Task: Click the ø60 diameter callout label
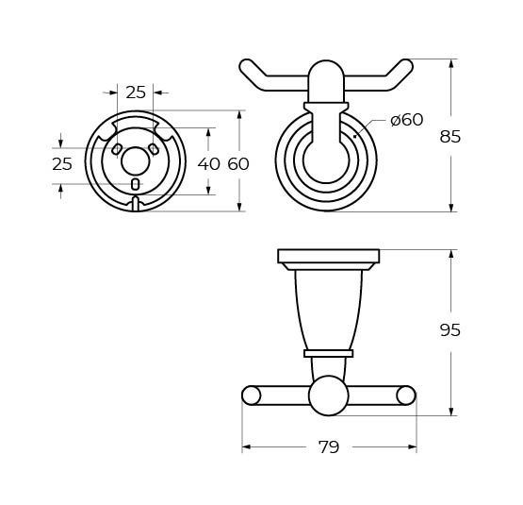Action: pyautogui.click(x=406, y=120)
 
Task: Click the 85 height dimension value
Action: pyautogui.click(x=449, y=137)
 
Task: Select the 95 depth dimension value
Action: pyautogui.click(x=449, y=330)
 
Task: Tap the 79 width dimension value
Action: pyautogui.click(x=329, y=447)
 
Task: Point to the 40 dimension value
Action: pyautogui.click(x=209, y=164)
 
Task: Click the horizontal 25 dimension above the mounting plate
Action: pyautogui.click(x=136, y=93)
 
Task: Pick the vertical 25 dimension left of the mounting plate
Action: pyautogui.click(x=62, y=164)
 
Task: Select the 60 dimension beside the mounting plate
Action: pyautogui.click(x=238, y=164)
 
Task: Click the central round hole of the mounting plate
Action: pyautogui.click(x=135, y=161)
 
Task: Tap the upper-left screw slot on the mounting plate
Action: pyautogui.click(x=117, y=149)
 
